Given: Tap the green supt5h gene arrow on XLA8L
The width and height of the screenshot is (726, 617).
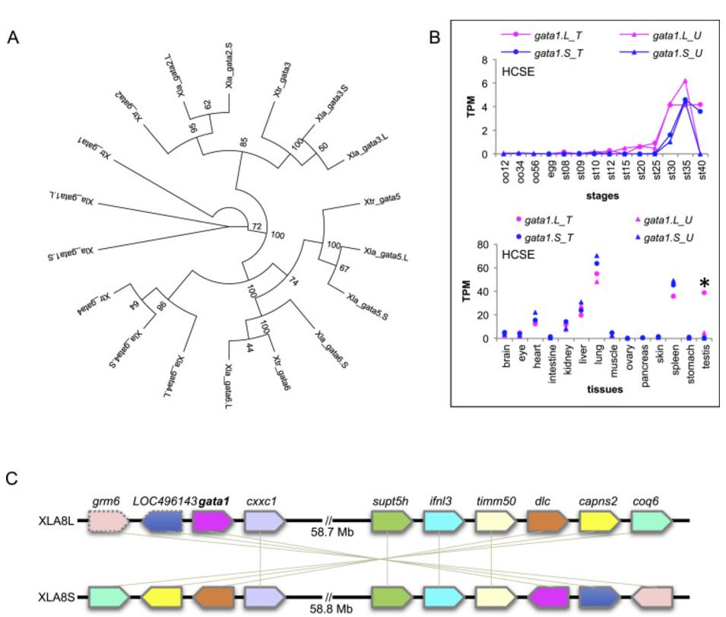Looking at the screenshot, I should [x=392, y=521].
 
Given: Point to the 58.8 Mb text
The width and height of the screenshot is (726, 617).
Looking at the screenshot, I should [x=331, y=609].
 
